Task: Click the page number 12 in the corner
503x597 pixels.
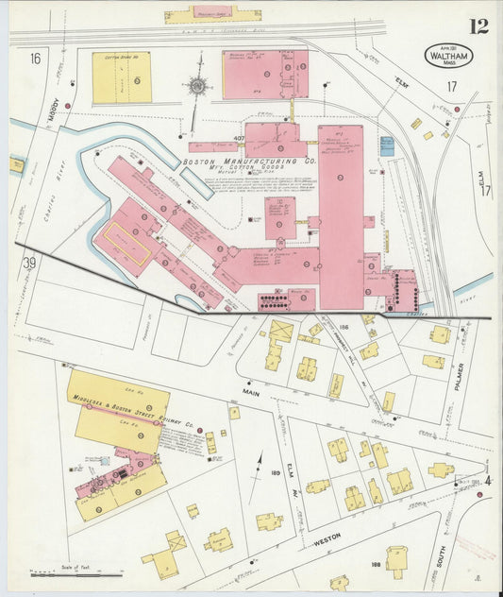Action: point(479,26)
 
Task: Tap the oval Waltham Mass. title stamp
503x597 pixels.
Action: point(449,55)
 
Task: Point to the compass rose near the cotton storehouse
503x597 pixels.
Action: point(196,86)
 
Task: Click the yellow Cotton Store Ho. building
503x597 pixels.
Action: point(122,77)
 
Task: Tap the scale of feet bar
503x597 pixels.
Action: point(75,573)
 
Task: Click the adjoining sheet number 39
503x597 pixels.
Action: point(29,262)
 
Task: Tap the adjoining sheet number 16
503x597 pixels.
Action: point(35,59)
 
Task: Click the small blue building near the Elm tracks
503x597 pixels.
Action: point(387,146)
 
